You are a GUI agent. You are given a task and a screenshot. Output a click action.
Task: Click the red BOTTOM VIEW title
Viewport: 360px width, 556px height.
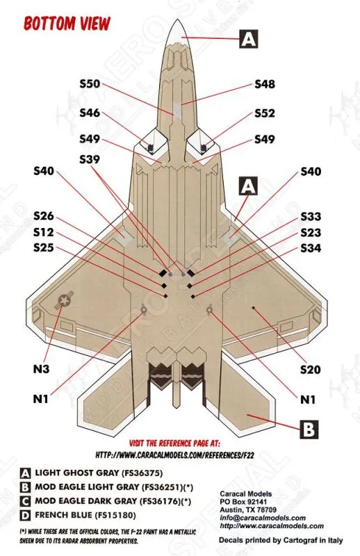[67, 24]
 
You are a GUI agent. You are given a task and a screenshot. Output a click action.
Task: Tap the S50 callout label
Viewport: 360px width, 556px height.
[90, 84]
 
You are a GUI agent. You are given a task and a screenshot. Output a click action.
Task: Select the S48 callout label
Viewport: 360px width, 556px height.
[265, 84]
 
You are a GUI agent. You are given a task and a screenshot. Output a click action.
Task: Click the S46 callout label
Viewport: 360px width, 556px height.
[90, 113]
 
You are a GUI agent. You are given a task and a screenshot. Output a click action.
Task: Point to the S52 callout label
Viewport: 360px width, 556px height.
[265, 113]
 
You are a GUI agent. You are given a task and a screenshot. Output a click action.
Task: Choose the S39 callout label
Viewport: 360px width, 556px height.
[90, 160]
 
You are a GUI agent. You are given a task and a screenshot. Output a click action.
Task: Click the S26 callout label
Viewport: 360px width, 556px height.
[44, 216]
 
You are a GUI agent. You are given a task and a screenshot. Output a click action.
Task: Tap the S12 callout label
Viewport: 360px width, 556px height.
[44, 232]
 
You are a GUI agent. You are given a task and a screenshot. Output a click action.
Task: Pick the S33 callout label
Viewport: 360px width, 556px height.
[311, 216]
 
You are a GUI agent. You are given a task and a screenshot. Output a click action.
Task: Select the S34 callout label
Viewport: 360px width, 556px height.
[311, 248]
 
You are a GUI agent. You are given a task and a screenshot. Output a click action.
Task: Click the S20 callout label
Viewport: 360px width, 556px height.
[311, 370]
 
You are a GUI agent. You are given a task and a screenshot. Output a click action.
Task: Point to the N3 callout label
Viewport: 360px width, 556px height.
[41, 369]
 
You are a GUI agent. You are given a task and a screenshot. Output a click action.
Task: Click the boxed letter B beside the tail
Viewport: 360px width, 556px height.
[309, 430]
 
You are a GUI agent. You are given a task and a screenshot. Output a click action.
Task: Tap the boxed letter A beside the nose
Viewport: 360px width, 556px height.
[249, 39]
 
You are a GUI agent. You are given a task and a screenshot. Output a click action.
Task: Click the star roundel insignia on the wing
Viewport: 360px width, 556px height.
[64, 301]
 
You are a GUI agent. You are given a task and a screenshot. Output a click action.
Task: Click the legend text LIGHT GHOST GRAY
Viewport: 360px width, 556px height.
[76, 473]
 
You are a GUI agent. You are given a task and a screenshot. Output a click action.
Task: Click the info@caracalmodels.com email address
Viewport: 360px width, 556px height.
[263, 518]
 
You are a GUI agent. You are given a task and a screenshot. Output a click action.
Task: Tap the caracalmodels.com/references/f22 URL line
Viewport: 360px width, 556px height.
[174, 455]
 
